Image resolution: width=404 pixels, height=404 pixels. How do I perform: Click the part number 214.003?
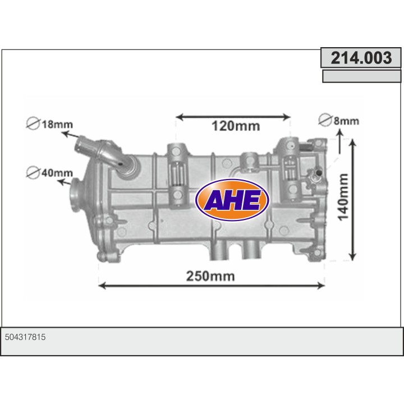(x=361, y=58)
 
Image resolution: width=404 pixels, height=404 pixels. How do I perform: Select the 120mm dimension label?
(x=235, y=126)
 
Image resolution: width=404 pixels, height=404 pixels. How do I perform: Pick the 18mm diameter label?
(x=56, y=124)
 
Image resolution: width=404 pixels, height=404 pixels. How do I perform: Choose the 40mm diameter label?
(x=56, y=172)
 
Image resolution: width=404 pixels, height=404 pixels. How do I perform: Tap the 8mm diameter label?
(x=346, y=120)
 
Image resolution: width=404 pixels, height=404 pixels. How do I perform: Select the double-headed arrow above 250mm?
(x=212, y=286)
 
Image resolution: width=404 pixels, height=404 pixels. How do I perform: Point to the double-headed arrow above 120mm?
(x=233, y=117)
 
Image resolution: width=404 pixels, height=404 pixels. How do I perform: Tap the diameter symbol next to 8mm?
(x=325, y=120)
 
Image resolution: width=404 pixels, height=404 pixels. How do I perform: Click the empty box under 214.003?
(x=361, y=76)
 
